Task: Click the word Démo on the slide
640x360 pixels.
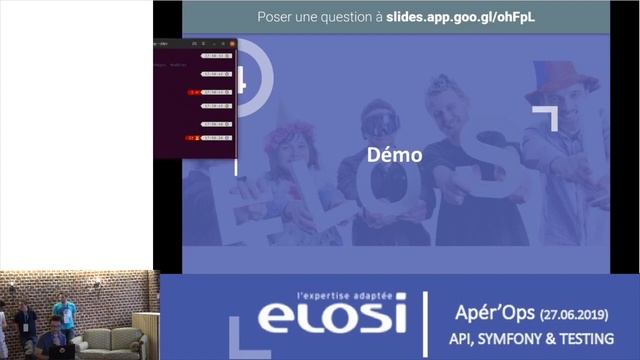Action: pos(395,155)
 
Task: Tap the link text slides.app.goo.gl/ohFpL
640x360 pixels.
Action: pos(455,17)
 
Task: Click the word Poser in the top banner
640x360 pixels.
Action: pos(277,17)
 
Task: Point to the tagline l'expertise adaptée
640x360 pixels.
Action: pos(346,297)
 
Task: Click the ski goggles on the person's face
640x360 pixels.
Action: pos(380,122)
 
